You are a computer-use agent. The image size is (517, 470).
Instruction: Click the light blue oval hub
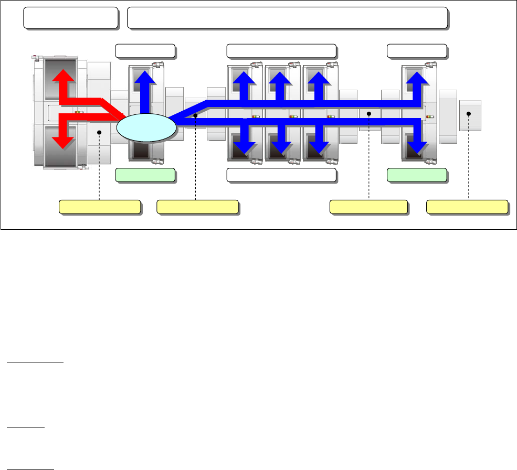146,127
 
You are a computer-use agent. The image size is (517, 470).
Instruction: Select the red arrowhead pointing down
63,140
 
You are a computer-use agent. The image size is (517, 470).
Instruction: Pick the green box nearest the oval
145,175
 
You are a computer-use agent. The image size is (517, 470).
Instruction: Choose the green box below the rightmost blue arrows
417,175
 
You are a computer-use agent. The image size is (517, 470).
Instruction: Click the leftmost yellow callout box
100,207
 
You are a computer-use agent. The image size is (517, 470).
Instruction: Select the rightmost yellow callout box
467,207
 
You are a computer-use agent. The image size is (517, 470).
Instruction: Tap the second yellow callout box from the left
198,207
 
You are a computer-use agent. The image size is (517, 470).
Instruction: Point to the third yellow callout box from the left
368,207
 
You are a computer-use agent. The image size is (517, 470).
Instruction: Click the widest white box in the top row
288,18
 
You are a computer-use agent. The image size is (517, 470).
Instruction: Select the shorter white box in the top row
71,18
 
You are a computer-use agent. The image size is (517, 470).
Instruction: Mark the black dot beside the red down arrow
99,133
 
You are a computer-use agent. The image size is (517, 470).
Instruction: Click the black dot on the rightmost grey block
469,114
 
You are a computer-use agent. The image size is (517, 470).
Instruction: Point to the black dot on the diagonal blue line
195,114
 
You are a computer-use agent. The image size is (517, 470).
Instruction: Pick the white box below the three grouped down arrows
281,175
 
